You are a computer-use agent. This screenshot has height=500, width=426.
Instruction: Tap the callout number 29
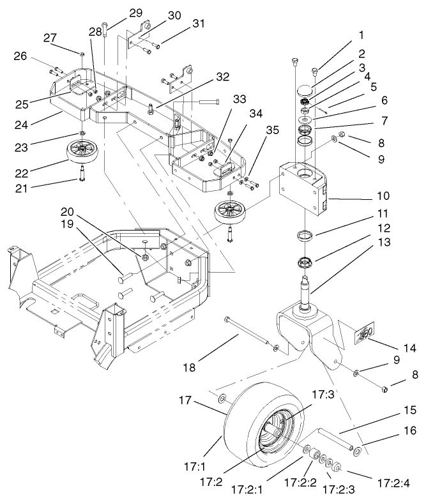click(136, 13)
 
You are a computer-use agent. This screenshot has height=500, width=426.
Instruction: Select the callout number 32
click(222, 77)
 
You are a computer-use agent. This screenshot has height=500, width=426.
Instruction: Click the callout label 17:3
click(322, 397)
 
